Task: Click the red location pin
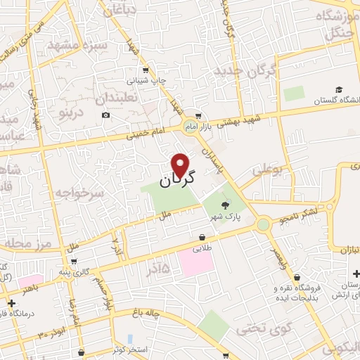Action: click(181, 165)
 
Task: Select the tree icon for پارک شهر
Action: click(224, 205)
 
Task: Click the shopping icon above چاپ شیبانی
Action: click(146, 70)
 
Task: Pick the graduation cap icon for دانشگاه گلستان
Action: click(339, 91)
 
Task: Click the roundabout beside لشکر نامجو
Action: click(264, 224)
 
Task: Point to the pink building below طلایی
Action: click(195, 262)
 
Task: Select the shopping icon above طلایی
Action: click(202, 237)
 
